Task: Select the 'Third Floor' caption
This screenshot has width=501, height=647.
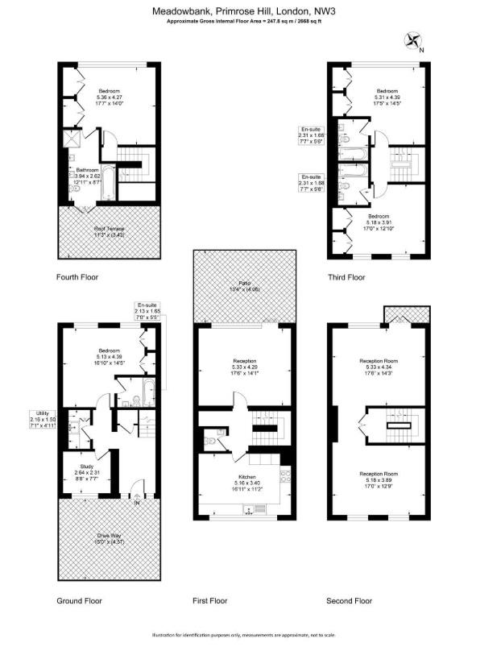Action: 346,277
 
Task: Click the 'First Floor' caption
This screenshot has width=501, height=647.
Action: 209,601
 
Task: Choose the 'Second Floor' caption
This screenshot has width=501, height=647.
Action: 349,601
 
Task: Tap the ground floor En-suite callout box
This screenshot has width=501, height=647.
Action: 148,312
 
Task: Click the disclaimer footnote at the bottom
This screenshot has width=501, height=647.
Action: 250,636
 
